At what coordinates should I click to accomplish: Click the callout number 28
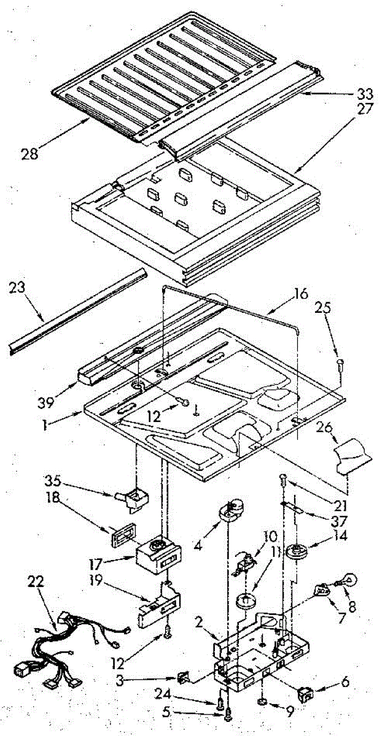coord(29,153)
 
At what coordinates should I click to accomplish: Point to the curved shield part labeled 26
coord(355,457)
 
